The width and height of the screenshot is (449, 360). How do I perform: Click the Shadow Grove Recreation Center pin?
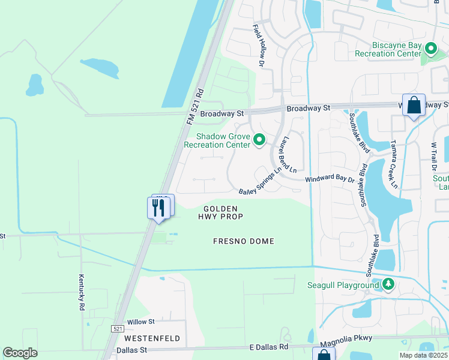tap(259, 140)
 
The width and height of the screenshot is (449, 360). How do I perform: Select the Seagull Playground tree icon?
tap(388, 284)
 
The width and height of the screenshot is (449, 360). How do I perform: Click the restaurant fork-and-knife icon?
tap(158, 208)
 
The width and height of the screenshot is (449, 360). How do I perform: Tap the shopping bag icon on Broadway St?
tap(414, 105)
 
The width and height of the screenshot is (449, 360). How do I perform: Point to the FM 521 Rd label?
tap(196, 107)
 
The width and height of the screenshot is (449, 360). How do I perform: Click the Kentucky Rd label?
tap(80, 292)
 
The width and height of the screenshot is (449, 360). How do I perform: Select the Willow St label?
tap(141, 322)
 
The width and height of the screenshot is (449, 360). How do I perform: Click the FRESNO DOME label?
tap(244, 241)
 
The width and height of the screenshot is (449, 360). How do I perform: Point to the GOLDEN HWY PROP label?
tap(220, 212)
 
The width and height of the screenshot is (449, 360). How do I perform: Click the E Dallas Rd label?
tap(268, 347)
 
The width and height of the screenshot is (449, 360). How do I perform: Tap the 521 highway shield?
tap(118, 329)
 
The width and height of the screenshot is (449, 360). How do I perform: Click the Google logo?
tap(20, 353)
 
